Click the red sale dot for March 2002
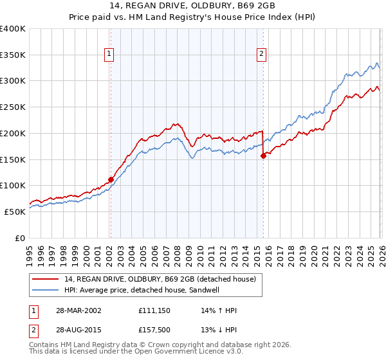click(x=111, y=179)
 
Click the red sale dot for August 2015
click(x=263, y=155)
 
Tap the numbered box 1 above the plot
click(x=110, y=55)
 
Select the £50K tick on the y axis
click(x=15, y=212)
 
